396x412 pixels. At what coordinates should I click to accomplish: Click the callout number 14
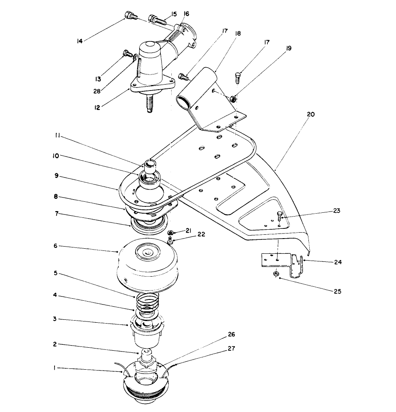(79, 41)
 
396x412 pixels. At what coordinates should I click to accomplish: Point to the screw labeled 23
(280, 217)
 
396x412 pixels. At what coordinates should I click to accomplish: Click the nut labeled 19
(232, 99)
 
